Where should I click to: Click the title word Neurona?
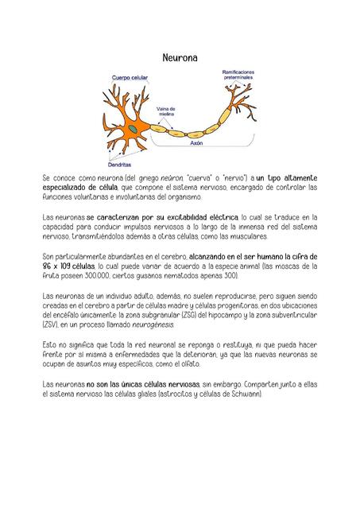coord(180,58)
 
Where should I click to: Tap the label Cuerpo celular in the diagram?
coord(129,77)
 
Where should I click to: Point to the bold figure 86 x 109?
coord(60,266)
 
